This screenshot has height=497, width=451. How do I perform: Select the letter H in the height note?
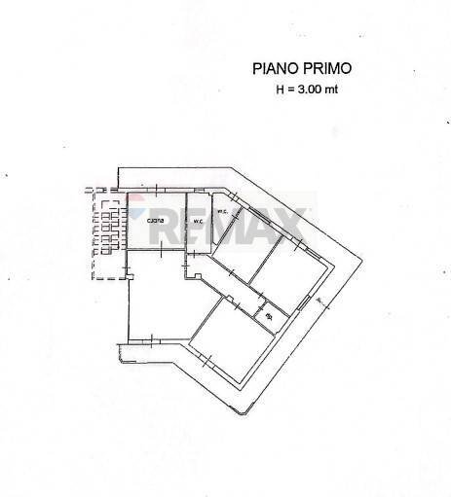coord(282,90)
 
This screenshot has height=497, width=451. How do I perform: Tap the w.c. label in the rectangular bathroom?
coord(197,222)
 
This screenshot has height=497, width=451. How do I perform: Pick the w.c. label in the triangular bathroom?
coord(221,212)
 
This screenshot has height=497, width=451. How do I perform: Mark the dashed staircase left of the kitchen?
coord(108,233)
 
